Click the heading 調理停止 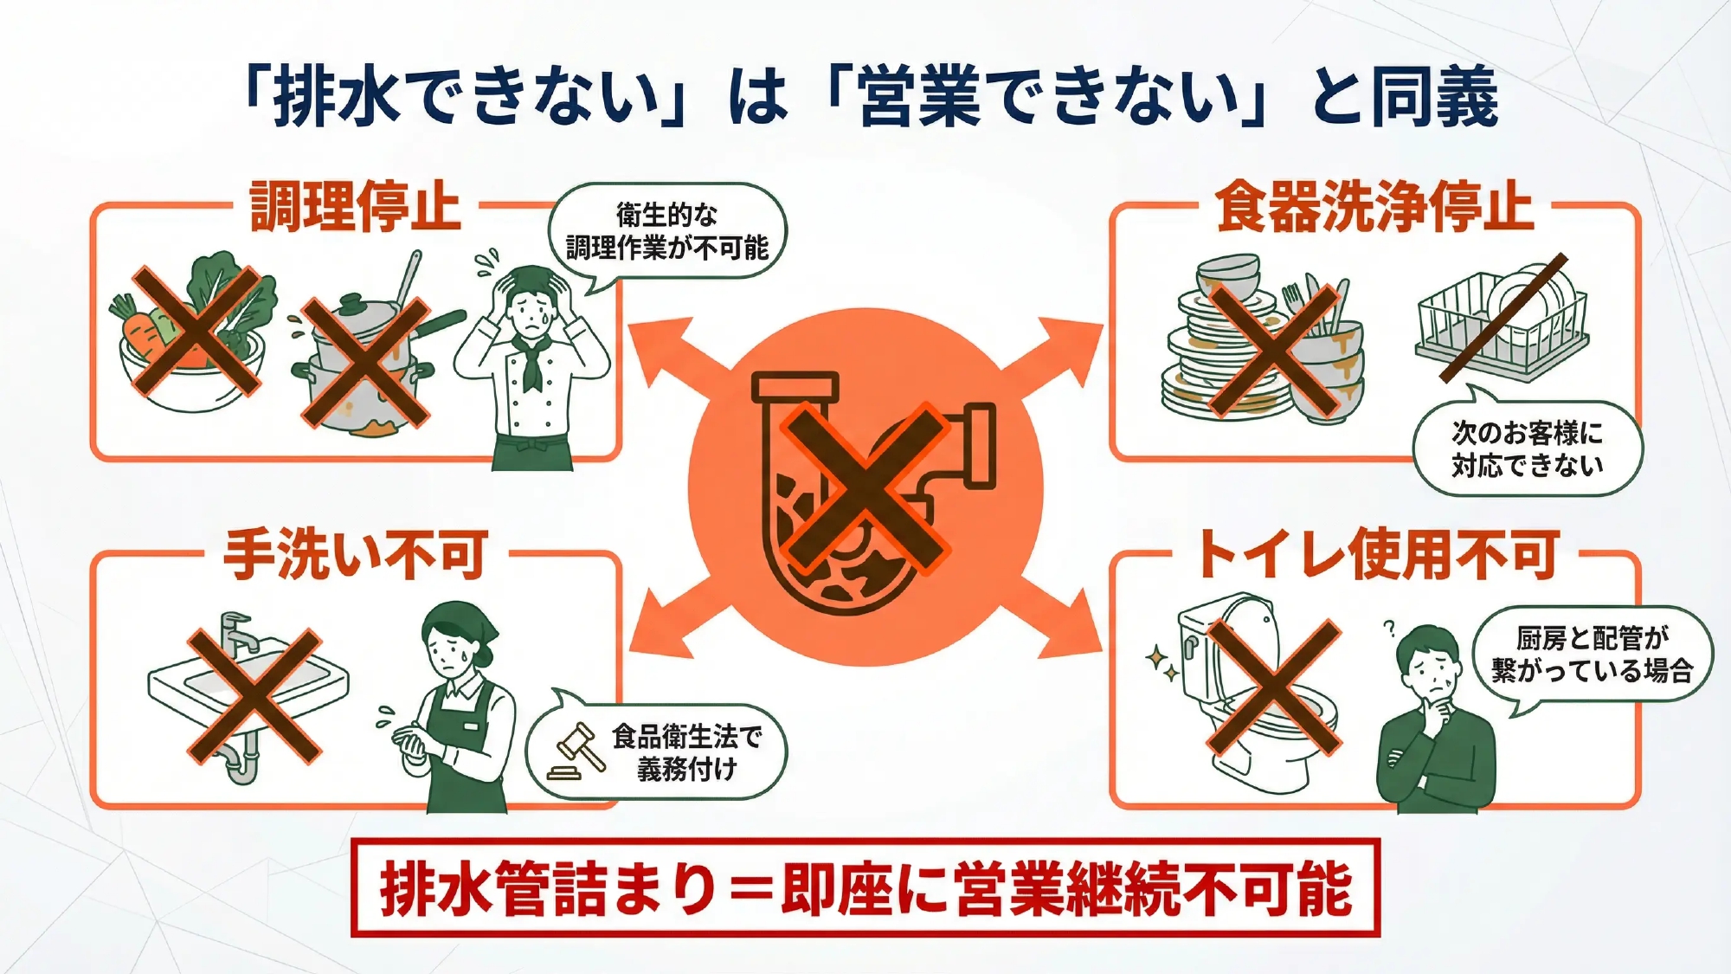355,207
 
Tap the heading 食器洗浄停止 1374,207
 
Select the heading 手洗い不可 356,555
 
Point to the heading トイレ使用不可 1379,554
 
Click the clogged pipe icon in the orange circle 865,489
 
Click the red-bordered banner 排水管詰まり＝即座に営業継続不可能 865,888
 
